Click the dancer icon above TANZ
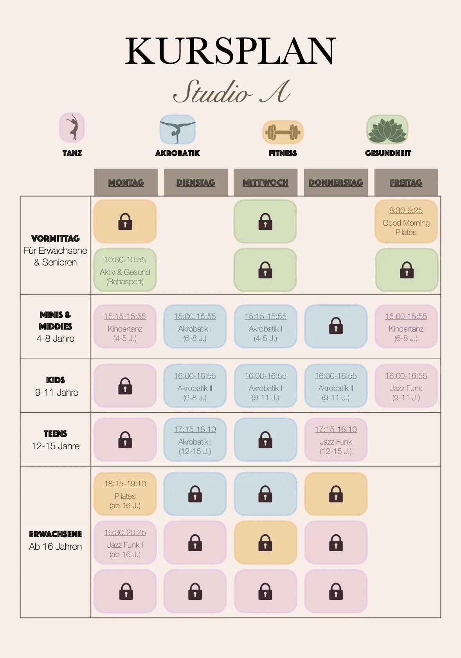point(72,127)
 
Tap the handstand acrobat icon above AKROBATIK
point(178,129)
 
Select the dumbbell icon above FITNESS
point(283,132)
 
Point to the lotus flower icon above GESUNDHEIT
point(387,129)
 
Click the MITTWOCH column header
point(265,183)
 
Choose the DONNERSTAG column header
point(336,183)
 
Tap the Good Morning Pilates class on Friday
point(406,222)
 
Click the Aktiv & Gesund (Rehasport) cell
point(125,270)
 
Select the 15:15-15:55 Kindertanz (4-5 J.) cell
point(125,326)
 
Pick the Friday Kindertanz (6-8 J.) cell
point(406,326)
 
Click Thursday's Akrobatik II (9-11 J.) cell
point(336,386)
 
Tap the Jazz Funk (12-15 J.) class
point(336,439)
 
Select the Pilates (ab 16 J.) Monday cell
point(125,494)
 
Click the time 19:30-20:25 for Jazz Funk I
point(125,532)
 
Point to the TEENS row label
point(56,434)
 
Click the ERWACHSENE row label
point(56,534)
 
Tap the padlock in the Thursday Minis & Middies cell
point(336,326)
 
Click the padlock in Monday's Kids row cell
point(125,386)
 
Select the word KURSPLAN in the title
point(231,50)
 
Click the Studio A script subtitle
point(232,91)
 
